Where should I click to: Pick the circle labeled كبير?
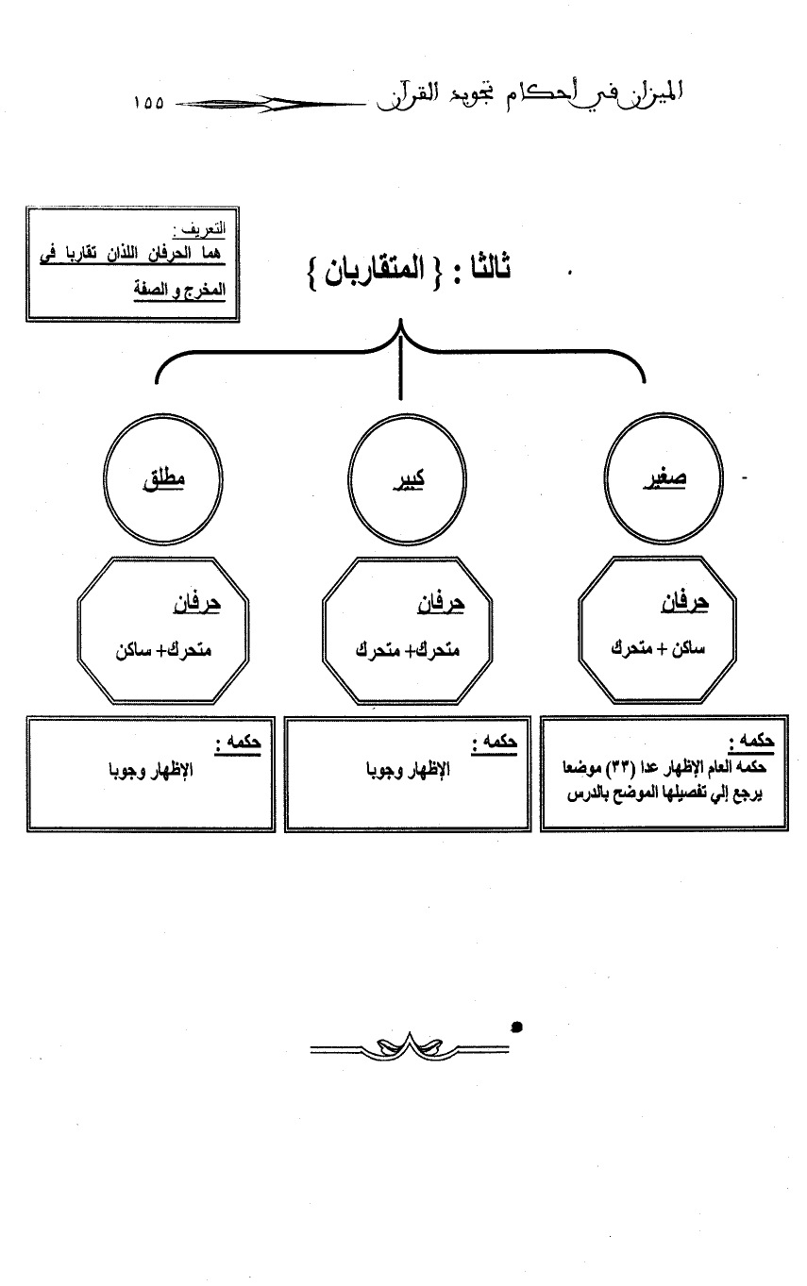click(407, 478)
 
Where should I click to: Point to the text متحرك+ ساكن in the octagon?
click(151, 650)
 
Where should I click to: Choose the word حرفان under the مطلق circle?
click(195, 604)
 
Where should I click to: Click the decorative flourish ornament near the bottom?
click(408, 1046)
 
